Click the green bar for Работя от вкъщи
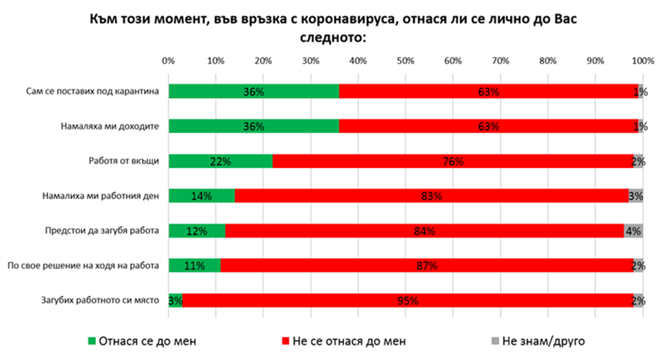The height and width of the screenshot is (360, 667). (221, 161)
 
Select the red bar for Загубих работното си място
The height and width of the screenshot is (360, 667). (408, 300)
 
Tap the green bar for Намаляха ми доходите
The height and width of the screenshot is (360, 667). (253, 126)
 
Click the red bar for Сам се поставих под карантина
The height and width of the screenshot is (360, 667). (488, 91)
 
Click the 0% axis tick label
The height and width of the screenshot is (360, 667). (168, 60)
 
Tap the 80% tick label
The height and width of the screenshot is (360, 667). (548, 60)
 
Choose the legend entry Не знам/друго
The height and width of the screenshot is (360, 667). (542, 339)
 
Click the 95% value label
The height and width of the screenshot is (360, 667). (408, 301)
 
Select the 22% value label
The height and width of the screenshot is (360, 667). (221, 162)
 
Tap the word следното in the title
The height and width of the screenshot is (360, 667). (333, 36)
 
